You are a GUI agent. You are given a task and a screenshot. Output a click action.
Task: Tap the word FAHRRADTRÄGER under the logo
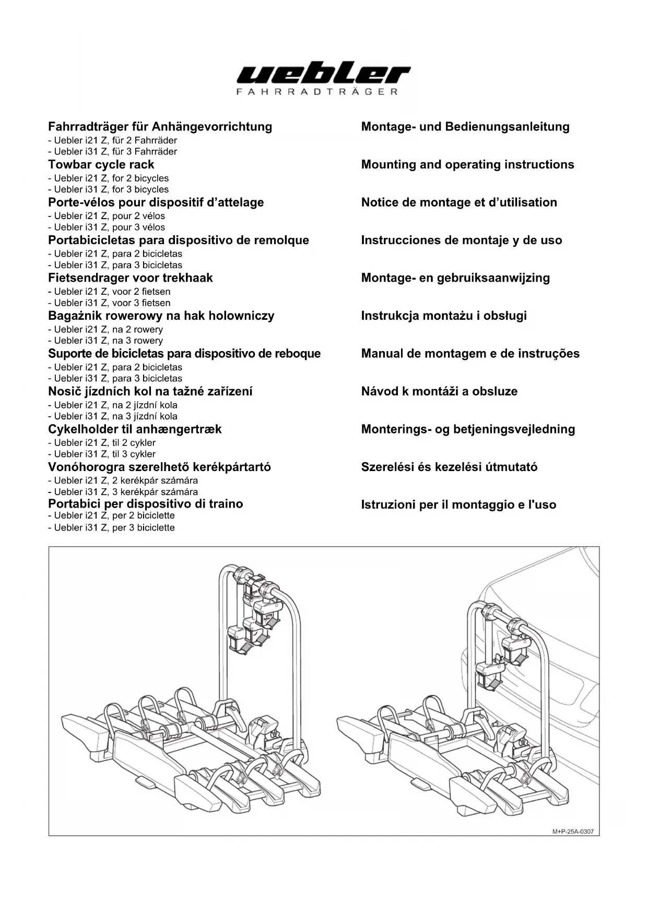pyautogui.click(x=317, y=92)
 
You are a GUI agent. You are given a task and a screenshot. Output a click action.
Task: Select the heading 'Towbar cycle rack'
pyautogui.click(x=101, y=165)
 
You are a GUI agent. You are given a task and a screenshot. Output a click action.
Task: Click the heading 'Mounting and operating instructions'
pyautogui.click(x=467, y=165)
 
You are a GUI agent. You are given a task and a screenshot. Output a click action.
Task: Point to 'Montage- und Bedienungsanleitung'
pyautogui.click(x=465, y=127)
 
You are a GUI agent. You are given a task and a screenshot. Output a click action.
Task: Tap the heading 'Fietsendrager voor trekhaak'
pyautogui.click(x=131, y=278)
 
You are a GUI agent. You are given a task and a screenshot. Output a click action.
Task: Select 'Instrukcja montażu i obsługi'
pyautogui.click(x=444, y=316)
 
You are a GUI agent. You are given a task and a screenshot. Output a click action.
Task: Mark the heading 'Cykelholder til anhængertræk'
pyautogui.click(x=135, y=429)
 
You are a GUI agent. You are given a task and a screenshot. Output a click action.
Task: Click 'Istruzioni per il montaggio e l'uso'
pyautogui.click(x=458, y=505)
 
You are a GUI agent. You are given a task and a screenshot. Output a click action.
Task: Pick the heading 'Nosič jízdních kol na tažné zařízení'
pyautogui.click(x=150, y=392)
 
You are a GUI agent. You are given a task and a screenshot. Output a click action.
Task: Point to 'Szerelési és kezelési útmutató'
pyautogui.click(x=449, y=467)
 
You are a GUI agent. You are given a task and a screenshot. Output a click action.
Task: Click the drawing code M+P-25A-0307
pyautogui.click(x=572, y=832)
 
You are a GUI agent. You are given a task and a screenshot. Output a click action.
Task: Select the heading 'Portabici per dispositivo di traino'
pyautogui.click(x=146, y=504)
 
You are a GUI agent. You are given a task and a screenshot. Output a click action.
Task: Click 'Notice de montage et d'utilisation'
pyautogui.click(x=459, y=202)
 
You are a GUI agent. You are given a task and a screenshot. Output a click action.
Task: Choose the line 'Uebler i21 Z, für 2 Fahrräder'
pyautogui.click(x=113, y=140)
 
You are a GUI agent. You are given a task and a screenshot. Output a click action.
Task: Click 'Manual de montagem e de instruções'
pyautogui.click(x=470, y=354)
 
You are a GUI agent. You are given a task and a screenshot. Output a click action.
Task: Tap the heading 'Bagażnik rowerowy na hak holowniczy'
pyautogui.click(x=161, y=316)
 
